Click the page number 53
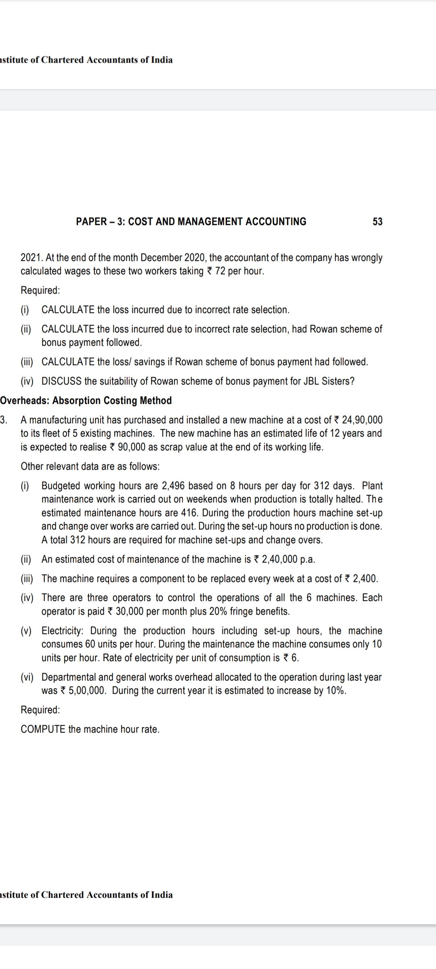(377, 222)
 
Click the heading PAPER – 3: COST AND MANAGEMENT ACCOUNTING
(191, 222)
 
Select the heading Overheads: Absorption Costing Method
(86, 401)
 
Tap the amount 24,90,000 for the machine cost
(362, 420)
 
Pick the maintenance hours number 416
(189, 513)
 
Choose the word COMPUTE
(43, 729)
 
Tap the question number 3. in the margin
(4, 420)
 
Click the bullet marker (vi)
(27, 677)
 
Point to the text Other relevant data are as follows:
(90, 466)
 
